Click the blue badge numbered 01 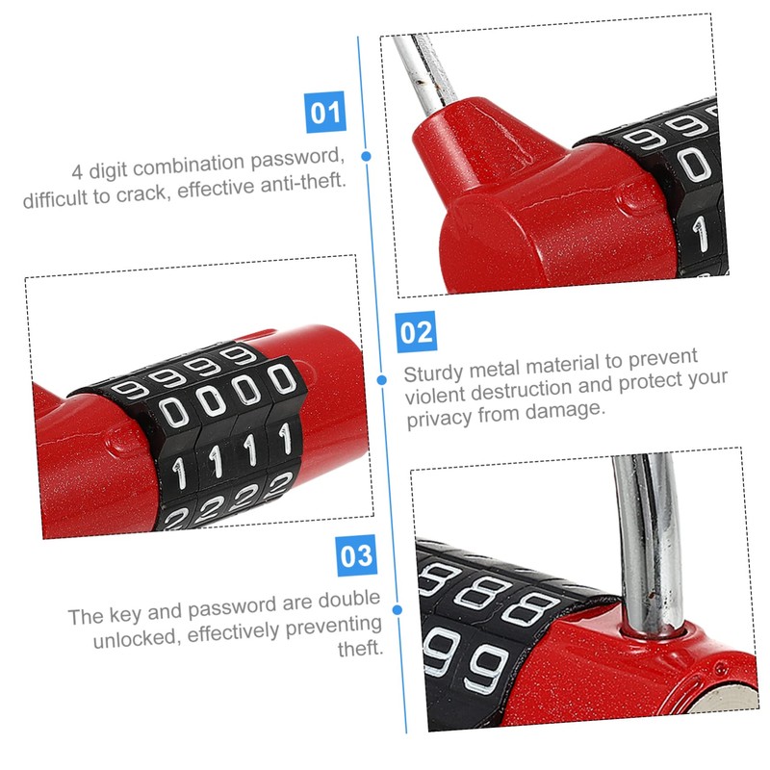324,114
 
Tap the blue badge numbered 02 416,332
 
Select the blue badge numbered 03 355,555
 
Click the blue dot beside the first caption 366,155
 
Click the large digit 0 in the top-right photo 694,167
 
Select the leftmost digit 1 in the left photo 178,471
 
